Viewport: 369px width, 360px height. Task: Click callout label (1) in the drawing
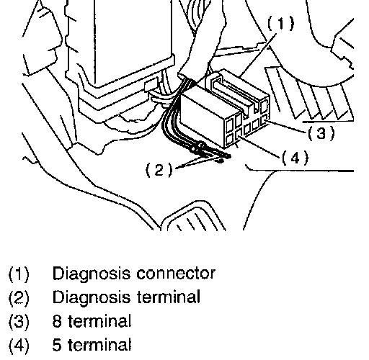(x=280, y=23)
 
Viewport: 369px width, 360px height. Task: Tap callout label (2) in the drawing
(x=159, y=170)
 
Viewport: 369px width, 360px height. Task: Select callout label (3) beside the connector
(x=321, y=133)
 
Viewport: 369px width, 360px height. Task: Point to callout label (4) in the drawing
(x=295, y=158)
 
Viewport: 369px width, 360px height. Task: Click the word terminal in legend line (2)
(x=169, y=297)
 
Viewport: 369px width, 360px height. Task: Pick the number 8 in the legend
(x=57, y=321)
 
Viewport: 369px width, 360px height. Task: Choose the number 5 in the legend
(x=57, y=345)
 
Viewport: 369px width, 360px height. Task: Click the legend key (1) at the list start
(x=19, y=274)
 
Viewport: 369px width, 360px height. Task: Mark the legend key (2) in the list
(x=19, y=297)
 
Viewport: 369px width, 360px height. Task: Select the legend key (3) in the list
(x=19, y=321)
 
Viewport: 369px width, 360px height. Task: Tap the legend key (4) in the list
(x=19, y=345)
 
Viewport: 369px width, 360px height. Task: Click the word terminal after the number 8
(x=99, y=320)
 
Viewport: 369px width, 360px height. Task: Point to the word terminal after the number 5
(x=99, y=344)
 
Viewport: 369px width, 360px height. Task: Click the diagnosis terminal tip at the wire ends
(x=227, y=156)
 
